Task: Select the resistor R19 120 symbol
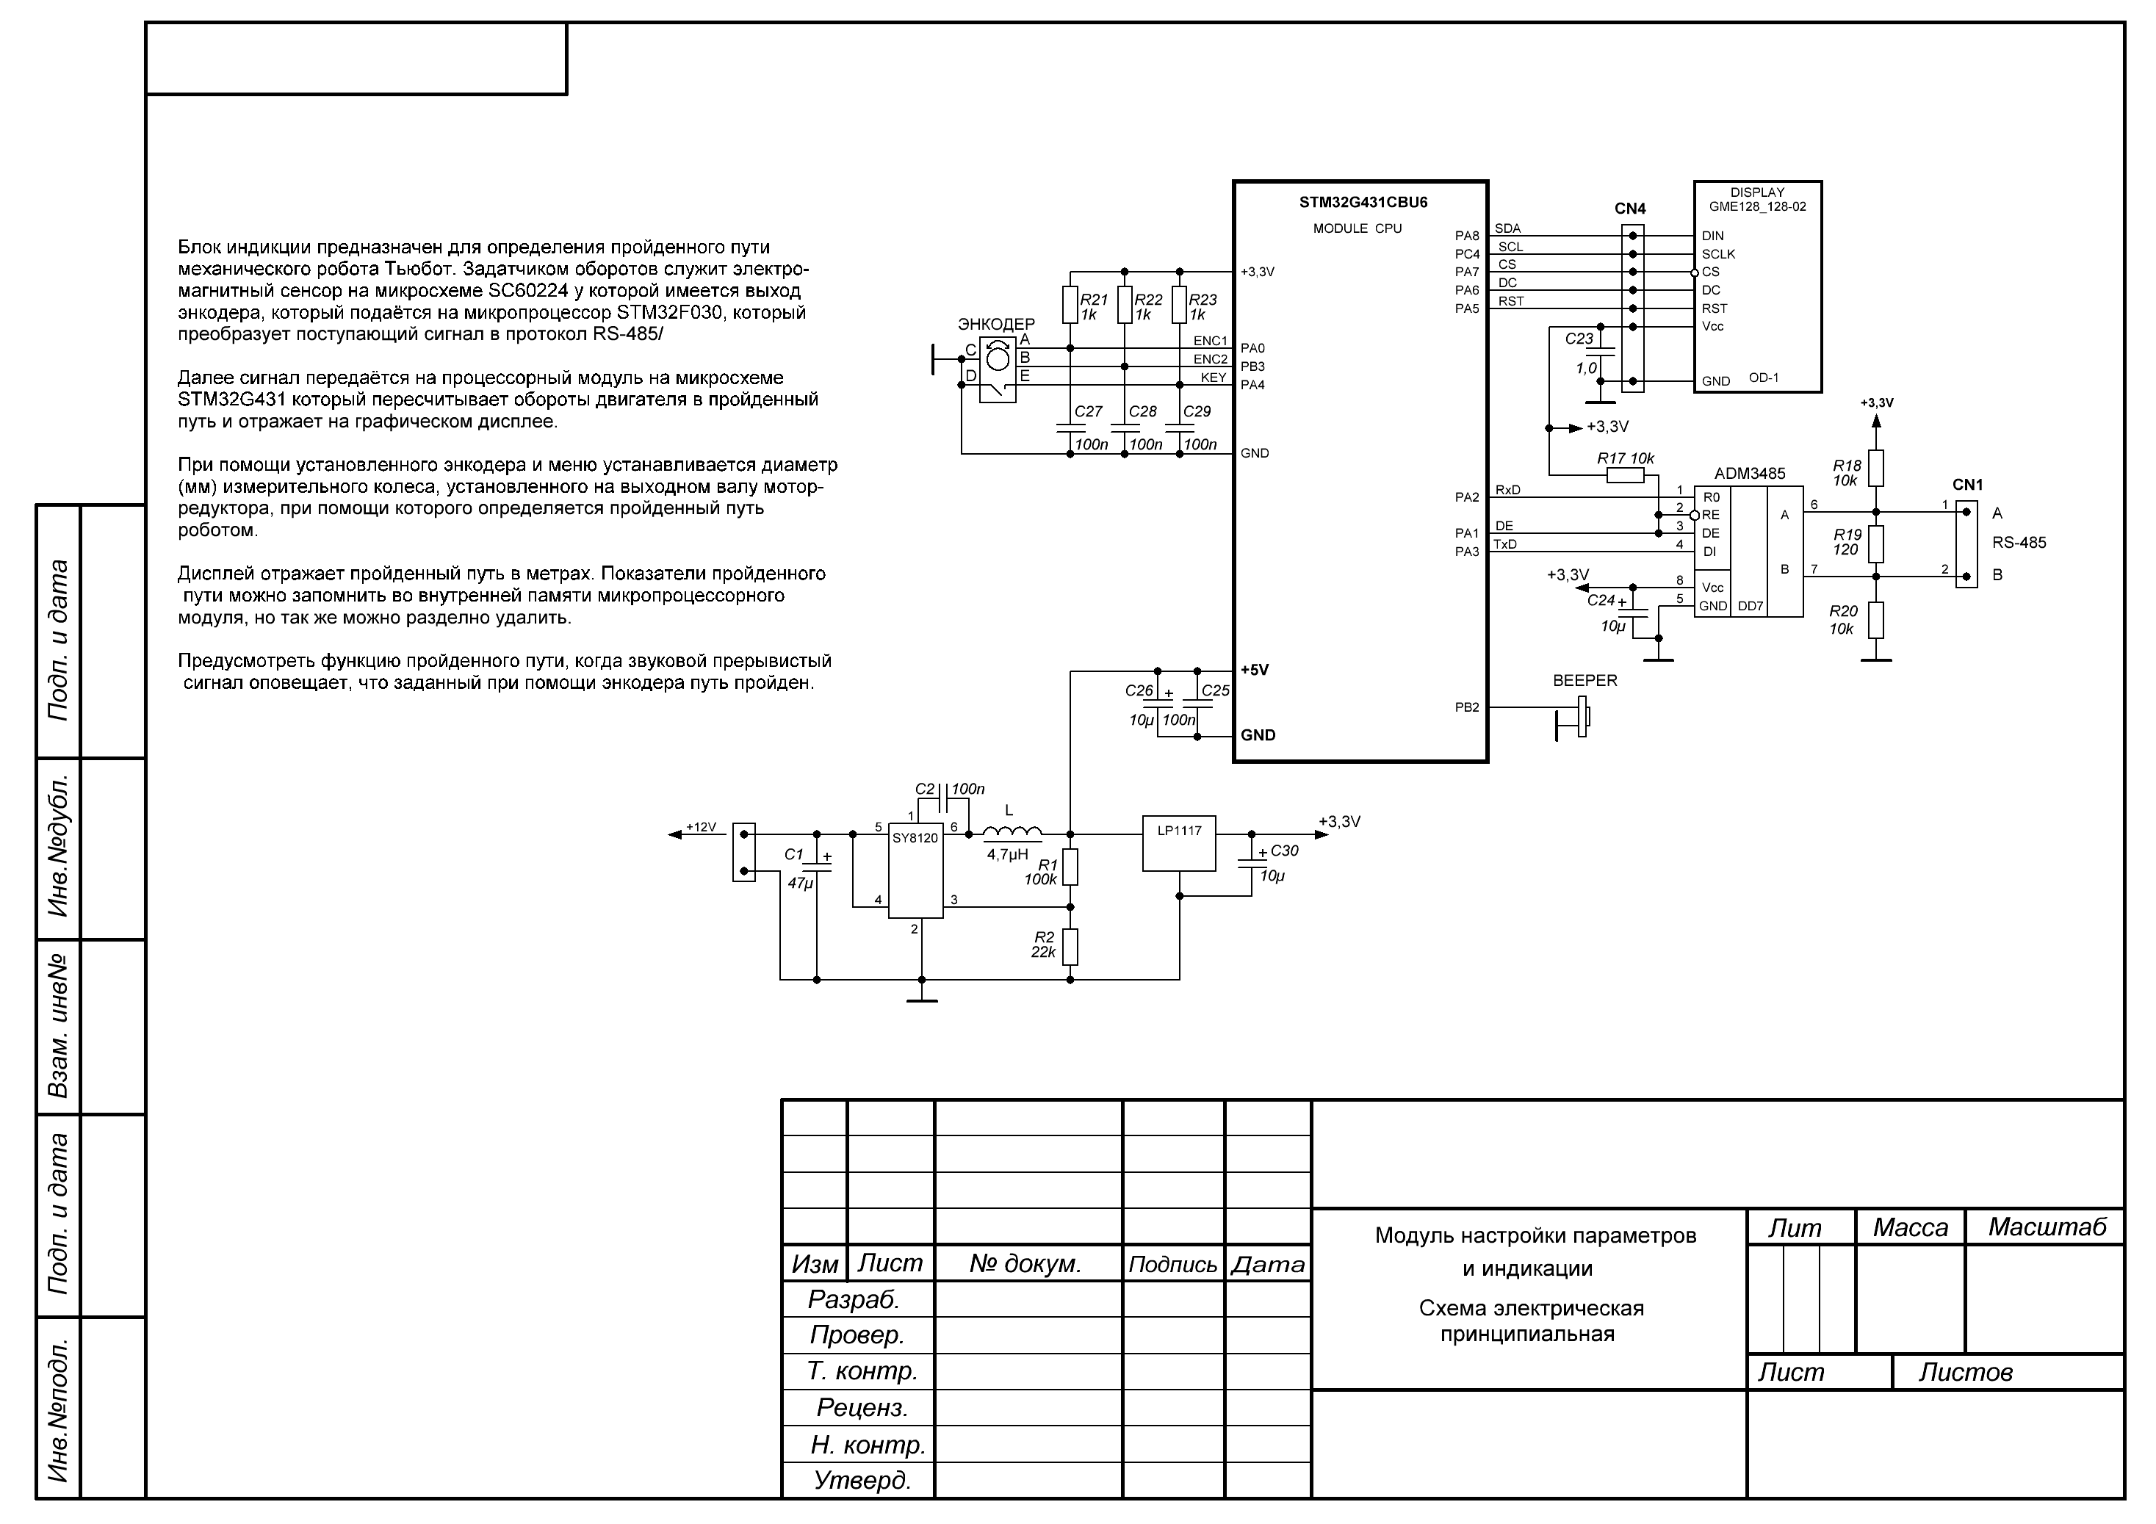pyautogui.click(x=1875, y=543)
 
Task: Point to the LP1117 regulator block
pyautogui.click(x=1178, y=842)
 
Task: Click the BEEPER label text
pyautogui.click(x=1585, y=681)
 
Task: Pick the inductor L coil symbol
pyautogui.click(x=1012, y=832)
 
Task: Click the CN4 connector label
pyautogui.click(x=1630, y=209)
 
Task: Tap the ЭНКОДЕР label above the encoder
pyautogui.click(x=996, y=324)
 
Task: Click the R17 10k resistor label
pyautogui.click(x=1626, y=459)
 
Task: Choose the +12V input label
pyautogui.click(x=701, y=827)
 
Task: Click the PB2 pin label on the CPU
pyautogui.click(x=1467, y=708)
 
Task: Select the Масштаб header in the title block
pyautogui.click(x=2047, y=1227)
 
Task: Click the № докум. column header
pyautogui.click(x=1025, y=1264)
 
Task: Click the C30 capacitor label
pyautogui.click(x=1283, y=851)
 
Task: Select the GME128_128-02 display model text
pyautogui.click(x=1757, y=206)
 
